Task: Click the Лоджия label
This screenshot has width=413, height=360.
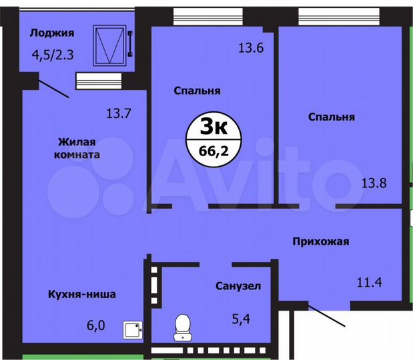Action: click(x=51, y=33)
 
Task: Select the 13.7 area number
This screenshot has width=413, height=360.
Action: click(x=117, y=113)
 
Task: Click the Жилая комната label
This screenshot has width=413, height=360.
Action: click(x=79, y=147)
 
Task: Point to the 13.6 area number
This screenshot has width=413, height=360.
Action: click(x=251, y=47)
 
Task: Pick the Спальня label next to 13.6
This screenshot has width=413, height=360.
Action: click(x=197, y=90)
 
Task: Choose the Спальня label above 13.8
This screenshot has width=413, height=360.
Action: click(x=331, y=117)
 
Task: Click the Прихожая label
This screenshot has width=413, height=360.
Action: click(x=320, y=241)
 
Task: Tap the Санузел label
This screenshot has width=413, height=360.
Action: click(x=238, y=286)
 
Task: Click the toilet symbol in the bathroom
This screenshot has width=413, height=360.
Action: click(x=181, y=327)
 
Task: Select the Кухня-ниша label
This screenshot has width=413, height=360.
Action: click(x=82, y=294)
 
